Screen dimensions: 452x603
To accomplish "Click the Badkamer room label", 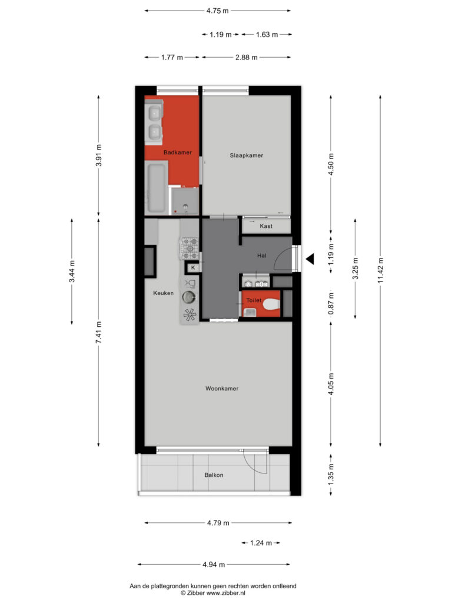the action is point(178,153).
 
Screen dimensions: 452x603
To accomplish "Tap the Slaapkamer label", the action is point(247,155).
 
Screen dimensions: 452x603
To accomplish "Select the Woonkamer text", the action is point(222,389).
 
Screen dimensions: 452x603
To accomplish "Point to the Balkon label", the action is point(214,475).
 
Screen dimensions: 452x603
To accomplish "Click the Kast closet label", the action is point(266,226).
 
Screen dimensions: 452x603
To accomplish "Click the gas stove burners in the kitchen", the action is point(190,249).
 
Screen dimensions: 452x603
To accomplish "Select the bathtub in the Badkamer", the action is point(157,187).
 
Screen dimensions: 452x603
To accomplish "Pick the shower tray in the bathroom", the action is point(185,201).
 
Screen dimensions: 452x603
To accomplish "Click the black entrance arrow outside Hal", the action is point(310,259).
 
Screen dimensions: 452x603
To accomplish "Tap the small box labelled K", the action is point(193,268).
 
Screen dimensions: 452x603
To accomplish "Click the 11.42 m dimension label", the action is point(381,271).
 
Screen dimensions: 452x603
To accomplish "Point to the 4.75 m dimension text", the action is point(218,11).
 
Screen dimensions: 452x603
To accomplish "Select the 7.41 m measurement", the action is point(99,332).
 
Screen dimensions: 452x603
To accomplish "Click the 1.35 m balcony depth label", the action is point(331,475).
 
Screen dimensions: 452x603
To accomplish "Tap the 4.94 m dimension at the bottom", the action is point(214,565).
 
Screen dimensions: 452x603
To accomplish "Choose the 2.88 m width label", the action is point(247,57).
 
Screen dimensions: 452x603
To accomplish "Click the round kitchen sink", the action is point(189,297).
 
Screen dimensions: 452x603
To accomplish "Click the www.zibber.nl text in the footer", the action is point(225,594).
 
